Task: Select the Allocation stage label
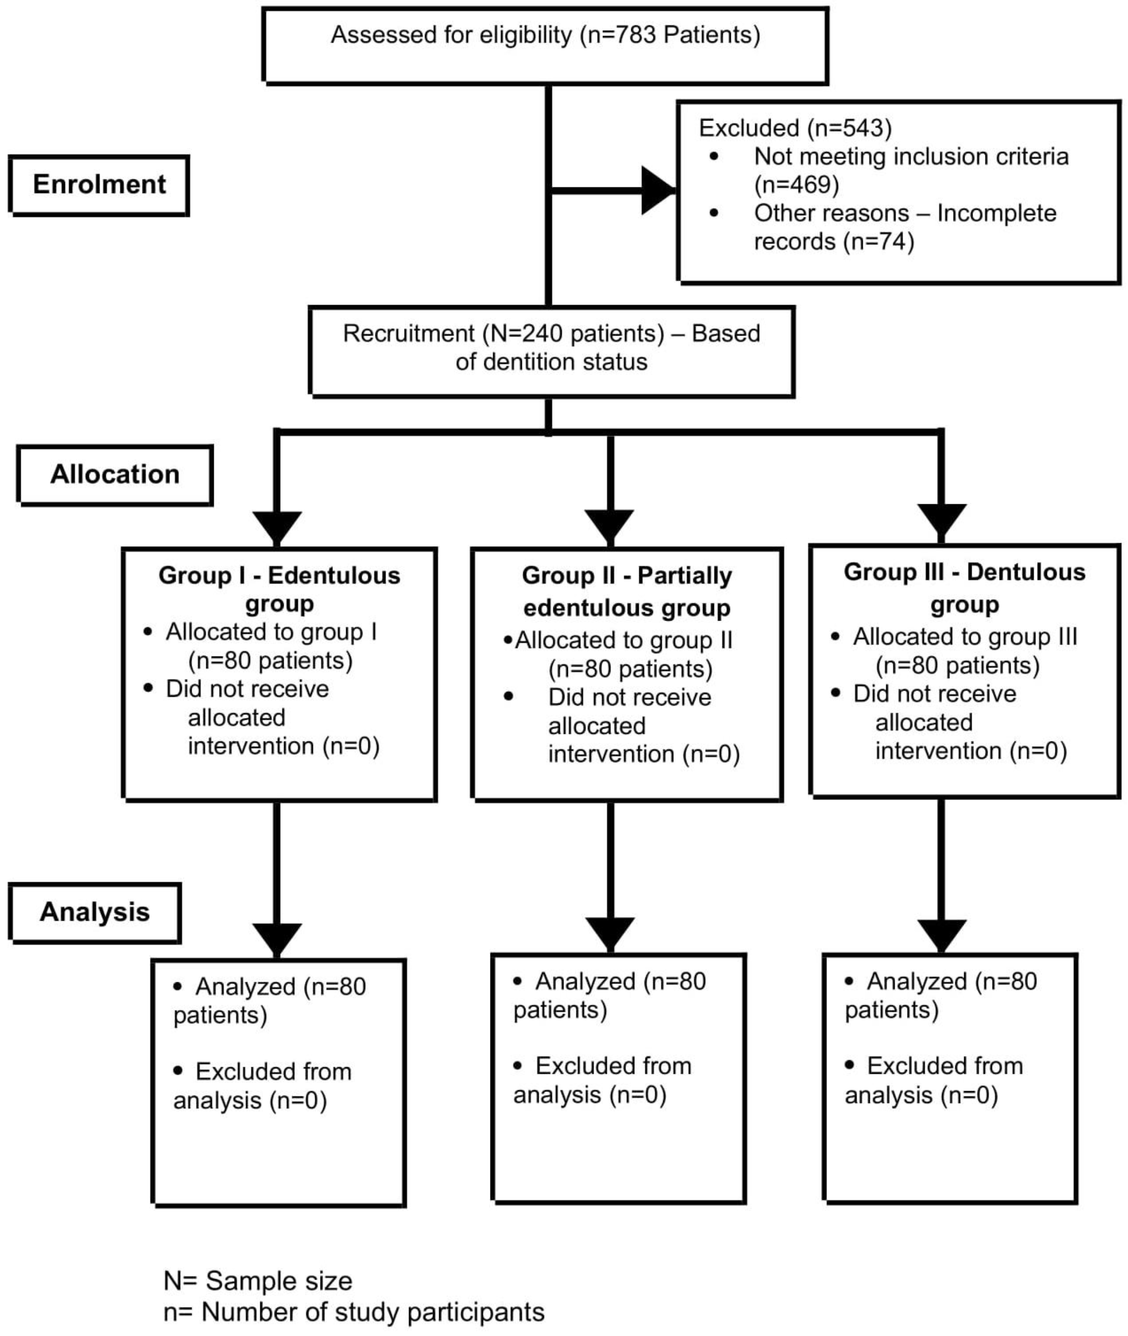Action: coord(115,474)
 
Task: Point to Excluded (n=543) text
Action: coord(795,128)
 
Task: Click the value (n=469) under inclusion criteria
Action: coord(796,185)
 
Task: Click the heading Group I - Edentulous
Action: coord(279,576)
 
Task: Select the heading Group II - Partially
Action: coord(627,576)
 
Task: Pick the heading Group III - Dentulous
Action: coord(964,572)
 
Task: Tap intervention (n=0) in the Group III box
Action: coord(971,751)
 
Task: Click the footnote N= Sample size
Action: coord(258,1281)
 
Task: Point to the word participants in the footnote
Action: coord(476,1312)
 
